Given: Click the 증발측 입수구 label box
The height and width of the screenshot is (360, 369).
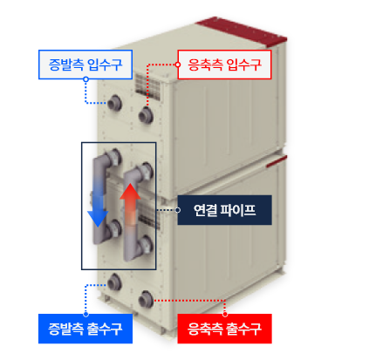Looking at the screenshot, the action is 85,65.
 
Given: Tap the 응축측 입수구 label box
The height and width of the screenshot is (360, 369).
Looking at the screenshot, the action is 224,65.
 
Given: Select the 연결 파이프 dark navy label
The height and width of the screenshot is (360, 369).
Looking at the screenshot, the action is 224,210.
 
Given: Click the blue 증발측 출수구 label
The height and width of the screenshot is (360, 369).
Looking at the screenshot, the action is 85,329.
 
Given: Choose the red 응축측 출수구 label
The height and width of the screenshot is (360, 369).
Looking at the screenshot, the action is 224,329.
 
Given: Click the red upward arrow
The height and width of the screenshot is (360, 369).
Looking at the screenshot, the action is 130,203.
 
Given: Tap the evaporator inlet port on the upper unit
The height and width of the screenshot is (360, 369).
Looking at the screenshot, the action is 114,103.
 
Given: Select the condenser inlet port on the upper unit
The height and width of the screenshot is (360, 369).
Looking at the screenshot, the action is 146,115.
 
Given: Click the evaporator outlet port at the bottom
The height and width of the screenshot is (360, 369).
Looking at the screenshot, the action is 114,282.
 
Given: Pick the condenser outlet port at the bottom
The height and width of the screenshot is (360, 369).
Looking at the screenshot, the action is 146,298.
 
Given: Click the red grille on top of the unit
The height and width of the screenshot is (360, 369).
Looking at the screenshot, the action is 242,31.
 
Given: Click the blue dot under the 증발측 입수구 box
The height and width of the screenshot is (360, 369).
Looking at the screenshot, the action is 85,79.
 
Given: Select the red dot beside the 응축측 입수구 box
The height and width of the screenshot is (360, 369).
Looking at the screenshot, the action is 177,65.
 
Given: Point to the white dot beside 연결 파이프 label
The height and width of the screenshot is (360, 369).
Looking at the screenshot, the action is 177,210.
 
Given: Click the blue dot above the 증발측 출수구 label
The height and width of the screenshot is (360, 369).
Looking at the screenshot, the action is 85,314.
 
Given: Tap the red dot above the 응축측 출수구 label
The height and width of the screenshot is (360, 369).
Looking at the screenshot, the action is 224,314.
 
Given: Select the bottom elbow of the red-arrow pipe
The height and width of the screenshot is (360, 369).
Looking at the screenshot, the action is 133,252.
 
